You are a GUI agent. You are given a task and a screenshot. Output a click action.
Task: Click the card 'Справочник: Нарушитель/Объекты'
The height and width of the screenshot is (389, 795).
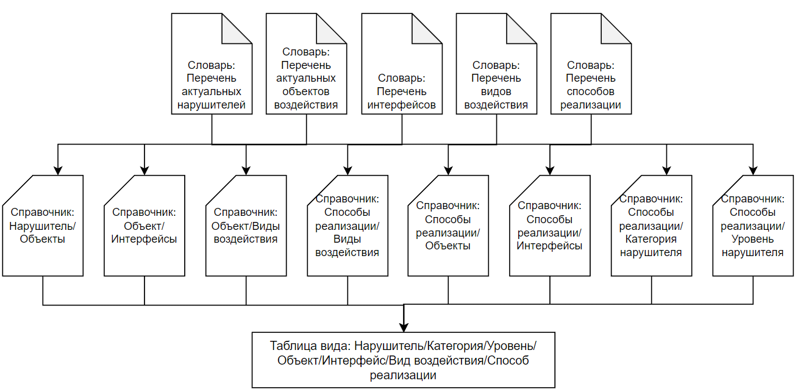coord(43,226)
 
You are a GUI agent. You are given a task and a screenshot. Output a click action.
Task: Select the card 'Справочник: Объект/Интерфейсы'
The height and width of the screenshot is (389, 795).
coord(144,226)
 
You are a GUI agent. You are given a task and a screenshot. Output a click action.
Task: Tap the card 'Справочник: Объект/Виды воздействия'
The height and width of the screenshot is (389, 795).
coord(246,226)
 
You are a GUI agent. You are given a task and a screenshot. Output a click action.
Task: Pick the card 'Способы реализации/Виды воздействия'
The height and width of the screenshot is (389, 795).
coord(348,226)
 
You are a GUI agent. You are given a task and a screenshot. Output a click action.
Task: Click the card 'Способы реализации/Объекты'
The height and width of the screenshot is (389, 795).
coord(448,226)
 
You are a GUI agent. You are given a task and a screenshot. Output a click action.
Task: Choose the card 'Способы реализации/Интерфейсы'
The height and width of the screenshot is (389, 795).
coord(550,226)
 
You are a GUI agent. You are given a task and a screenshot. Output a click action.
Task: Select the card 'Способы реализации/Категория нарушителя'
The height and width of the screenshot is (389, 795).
coord(651,226)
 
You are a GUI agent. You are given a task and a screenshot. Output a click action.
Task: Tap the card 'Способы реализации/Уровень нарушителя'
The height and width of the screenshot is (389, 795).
coord(753,226)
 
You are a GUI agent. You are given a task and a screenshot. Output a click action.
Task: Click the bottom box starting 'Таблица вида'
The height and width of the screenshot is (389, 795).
coord(404,360)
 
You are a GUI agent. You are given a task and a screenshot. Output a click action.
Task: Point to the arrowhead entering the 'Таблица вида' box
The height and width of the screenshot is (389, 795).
coord(404,327)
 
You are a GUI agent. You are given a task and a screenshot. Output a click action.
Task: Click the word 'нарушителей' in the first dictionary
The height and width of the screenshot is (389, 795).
coord(212,105)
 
